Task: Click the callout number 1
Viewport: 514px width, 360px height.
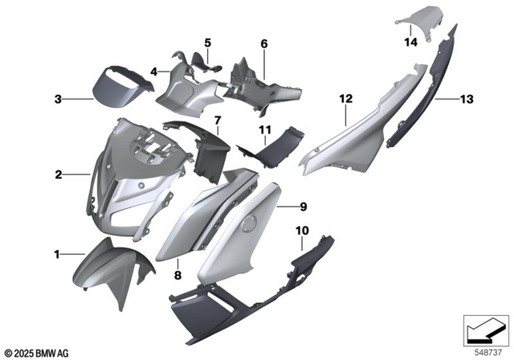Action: pyautogui.click(x=58, y=255)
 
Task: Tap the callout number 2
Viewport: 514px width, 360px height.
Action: pyautogui.click(x=58, y=174)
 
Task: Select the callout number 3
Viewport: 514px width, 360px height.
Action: pyautogui.click(x=58, y=100)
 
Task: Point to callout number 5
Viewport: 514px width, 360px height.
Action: pyautogui.click(x=206, y=43)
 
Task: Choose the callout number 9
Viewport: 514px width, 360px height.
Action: pyautogui.click(x=304, y=207)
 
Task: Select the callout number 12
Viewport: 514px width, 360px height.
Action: pyautogui.click(x=346, y=99)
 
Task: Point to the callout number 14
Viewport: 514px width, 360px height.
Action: pyautogui.click(x=411, y=41)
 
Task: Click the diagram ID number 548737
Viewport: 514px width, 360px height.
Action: pyautogui.click(x=484, y=351)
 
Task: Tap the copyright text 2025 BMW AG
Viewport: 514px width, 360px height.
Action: pyautogui.click(x=40, y=353)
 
